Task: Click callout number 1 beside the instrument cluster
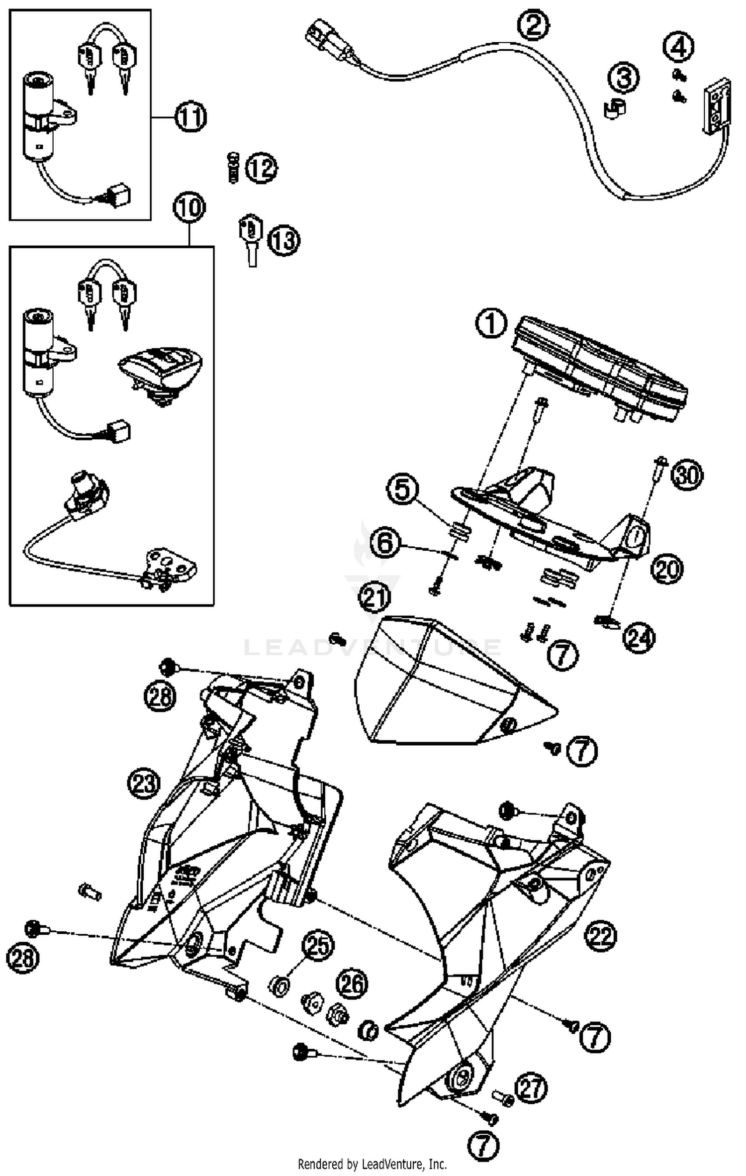[x=491, y=324]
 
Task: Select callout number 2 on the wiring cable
[x=533, y=25]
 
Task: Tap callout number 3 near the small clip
[x=624, y=78]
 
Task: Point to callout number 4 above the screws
[x=678, y=47]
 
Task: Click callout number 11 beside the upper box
[x=190, y=117]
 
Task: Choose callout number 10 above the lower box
[x=189, y=207]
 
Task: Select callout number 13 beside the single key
[x=284, y=242]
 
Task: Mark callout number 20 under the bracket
[x=667, y=569]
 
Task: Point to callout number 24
[x=639, y=638]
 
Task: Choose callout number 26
[x=353, y=983]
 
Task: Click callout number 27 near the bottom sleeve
[x=531, y=1088]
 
